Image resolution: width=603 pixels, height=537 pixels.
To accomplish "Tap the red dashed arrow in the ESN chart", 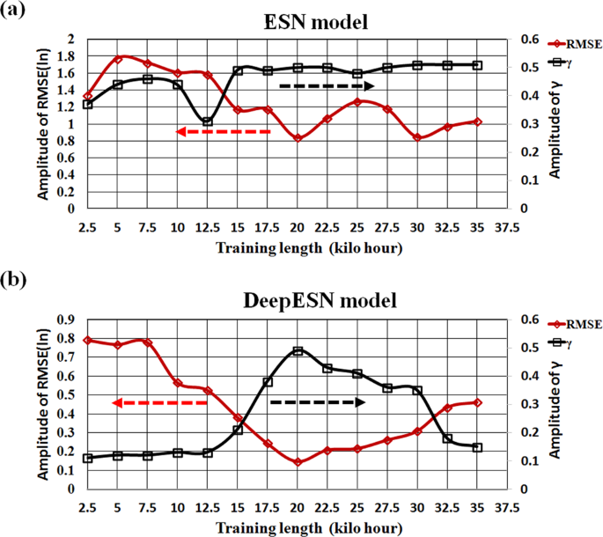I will coord(224,131).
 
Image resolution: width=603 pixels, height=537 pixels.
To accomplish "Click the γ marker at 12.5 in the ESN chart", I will coord(207,121).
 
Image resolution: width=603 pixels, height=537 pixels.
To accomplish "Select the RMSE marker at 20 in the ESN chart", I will coord(298,138).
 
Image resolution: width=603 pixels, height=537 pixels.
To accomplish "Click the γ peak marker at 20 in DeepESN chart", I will coord(298,350).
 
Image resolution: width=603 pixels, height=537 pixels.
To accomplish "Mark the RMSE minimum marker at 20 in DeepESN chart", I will coord(298,462).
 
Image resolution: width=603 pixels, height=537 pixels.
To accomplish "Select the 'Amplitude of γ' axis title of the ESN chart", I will coord(554,123).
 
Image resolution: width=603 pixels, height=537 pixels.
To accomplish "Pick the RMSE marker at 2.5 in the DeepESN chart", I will coord(88,340).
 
